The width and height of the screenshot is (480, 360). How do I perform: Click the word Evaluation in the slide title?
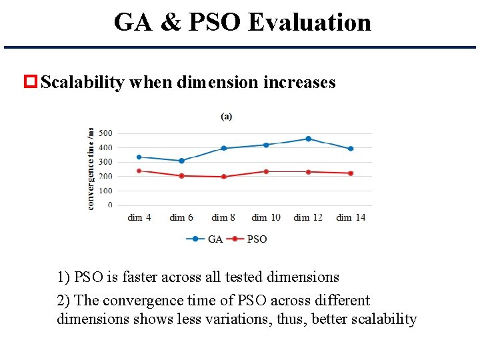coord(309,23)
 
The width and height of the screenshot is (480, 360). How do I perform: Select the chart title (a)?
coord(227,116)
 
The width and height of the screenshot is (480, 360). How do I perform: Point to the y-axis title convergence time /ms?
coord(91,169)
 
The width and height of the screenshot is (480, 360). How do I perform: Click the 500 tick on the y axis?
coord(105,133)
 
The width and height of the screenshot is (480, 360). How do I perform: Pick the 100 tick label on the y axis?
coord(105,191)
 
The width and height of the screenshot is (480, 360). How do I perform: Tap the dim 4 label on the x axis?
coord(139,217)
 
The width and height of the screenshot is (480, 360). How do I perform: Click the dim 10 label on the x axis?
coord(265,217)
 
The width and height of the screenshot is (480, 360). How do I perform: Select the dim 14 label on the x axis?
coord(351,217)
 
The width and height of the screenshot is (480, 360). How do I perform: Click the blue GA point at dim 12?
coord(308,139)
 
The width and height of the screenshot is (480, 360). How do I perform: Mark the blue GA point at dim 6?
coord(181,161)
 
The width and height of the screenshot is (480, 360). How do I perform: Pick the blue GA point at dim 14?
coord(351,149)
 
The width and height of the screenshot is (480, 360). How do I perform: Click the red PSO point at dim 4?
coord(139,171)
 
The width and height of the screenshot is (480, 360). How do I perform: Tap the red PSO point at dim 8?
coord(223,177)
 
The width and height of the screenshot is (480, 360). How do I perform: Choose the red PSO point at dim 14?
coord(351,173)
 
